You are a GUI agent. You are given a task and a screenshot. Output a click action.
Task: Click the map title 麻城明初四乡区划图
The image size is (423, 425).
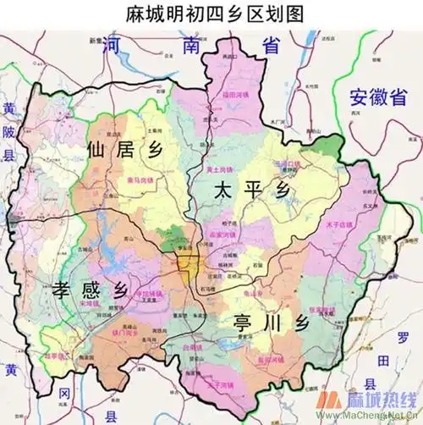[x=211, y=14]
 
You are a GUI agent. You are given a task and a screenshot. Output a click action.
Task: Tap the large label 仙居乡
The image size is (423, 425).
[x=122, y=151]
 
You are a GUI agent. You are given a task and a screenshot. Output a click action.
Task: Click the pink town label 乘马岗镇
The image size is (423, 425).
[x=140, y=180]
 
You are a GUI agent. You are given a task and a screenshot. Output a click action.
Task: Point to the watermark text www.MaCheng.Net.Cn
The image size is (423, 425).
[x=371, y=417]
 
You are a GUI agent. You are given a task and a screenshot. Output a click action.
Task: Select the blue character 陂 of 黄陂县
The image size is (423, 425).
[x=9, y=132]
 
